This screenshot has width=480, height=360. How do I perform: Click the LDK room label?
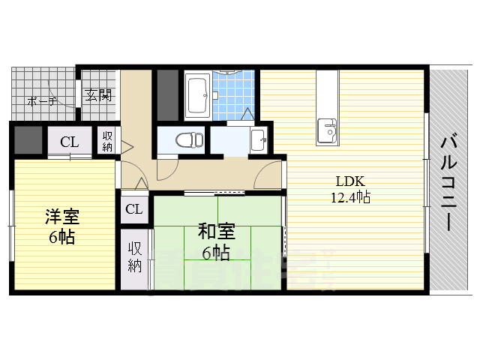pyautogui.click(x=349, y=181)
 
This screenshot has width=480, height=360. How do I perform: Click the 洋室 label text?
pyautogui.click(x=62, y=217)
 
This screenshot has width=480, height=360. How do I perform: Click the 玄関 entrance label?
pyautogui.click(x=97, y=95)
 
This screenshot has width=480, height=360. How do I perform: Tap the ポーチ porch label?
pyautogui.click(x=42, y=100)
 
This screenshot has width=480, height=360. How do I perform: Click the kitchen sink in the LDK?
pyautogui.click(x=328, y=129)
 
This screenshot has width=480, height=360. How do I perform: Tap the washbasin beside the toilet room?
pyautogui.click(x=257, y=139)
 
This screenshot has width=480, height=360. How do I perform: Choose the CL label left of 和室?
pyautogui.click(x=134, y=209)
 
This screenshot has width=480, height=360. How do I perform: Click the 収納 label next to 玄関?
pyautogui.click(x=108, y=139)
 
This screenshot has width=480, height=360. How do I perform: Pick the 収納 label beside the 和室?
pyautogui.click(x=135, y=256)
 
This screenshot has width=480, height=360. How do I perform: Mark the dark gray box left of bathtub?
pyautogui.click(x=168, y=94)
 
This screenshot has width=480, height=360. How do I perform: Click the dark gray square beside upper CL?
pyautogui.click(x=28, y=139)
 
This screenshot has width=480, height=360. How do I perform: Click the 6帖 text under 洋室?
pyautogui.click(x=63, y=237)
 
